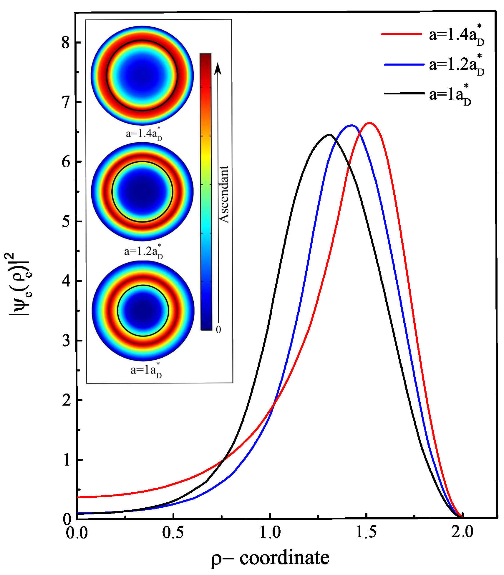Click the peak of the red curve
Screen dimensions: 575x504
click(369, 123)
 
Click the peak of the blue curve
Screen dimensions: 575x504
click(352, 125)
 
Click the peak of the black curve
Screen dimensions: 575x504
click(329, 135)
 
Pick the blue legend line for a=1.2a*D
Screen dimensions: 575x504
click(404, 64)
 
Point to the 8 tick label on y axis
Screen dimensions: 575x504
click(65, 43)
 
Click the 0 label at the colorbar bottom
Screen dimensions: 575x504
click(218, 329)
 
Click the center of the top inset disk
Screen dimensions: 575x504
click(142, 76)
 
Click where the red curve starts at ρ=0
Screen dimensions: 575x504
click(77, 497)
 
